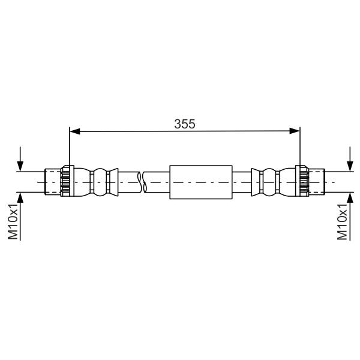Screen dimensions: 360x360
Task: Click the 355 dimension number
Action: pos(185,124)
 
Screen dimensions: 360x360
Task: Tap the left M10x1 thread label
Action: pos(13,221)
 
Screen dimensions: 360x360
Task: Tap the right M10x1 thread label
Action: pos(342,221)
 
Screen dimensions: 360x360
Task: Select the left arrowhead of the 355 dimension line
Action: pos(74,131)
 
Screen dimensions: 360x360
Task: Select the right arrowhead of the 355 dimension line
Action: pos(295,131)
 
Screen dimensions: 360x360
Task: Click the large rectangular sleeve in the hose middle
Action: pos(201,182)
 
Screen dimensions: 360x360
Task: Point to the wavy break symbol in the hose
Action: pos(142,182)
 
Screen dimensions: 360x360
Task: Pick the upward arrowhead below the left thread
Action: pos(20,198)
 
